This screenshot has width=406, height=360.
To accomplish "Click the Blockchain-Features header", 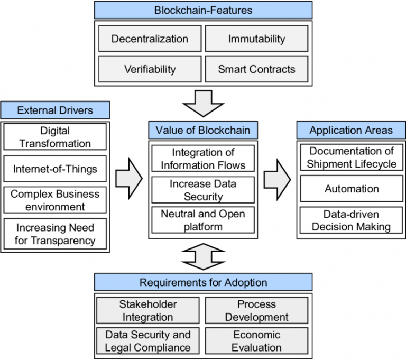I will [204, 10].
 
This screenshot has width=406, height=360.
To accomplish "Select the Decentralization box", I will [150, 39].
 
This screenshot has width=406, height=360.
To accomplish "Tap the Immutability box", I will [256, 39].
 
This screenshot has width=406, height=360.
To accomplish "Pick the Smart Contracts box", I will [256, 69].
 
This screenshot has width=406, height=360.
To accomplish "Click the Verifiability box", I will [150, 69].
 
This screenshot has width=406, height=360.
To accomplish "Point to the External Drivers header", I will [55, 110].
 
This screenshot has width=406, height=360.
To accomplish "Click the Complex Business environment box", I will [55, 200].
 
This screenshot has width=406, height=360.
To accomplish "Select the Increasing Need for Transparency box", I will [55, 234].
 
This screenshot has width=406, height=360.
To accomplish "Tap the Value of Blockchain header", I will [203, 130].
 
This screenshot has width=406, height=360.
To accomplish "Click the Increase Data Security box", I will [204, 190].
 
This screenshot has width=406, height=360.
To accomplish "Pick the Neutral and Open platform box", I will [204, 220].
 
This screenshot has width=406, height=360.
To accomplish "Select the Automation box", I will [352, 189].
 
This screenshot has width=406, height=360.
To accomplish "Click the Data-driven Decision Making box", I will [352, 220].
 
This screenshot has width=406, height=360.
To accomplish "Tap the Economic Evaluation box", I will [257, 341].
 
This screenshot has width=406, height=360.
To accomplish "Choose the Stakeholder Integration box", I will [148, 311].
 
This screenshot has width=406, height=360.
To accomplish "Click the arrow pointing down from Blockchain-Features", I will [204, 103].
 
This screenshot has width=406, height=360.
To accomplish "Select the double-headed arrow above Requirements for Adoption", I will [204, 256].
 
